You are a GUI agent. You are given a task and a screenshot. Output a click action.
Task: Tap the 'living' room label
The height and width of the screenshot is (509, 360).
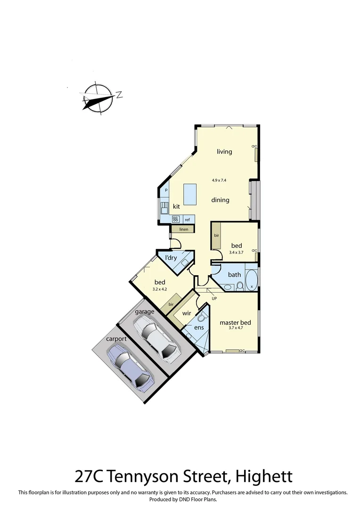[224, 152]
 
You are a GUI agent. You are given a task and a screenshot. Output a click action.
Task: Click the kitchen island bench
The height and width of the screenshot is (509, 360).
[190, 194]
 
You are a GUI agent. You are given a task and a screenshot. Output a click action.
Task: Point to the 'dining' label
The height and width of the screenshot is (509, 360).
[220, 200]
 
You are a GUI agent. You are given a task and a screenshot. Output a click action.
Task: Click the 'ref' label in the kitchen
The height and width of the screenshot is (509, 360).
[187, 220]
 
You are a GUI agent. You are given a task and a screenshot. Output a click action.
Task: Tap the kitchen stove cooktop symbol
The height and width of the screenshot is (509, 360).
[176, 219]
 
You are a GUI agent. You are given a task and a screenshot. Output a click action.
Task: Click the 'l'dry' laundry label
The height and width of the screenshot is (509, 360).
[171, 258]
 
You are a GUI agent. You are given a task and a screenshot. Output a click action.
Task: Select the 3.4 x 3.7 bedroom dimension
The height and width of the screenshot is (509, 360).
[237, 253]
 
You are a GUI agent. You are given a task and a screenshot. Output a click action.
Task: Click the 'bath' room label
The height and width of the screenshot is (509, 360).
[234, 275]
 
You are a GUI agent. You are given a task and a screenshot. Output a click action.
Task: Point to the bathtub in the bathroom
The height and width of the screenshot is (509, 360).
[252, 280]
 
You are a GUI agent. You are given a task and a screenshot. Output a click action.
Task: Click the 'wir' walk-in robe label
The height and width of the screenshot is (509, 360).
[186, 313]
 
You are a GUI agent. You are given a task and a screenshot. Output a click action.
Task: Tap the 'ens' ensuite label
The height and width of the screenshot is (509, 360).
[199, 327]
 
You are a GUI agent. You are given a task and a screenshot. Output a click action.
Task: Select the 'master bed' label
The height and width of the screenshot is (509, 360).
[235, 323]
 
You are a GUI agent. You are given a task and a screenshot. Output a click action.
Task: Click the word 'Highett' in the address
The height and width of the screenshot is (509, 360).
[263, 476]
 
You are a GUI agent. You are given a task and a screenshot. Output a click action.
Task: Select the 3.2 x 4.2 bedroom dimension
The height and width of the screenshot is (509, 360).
[160, 289]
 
